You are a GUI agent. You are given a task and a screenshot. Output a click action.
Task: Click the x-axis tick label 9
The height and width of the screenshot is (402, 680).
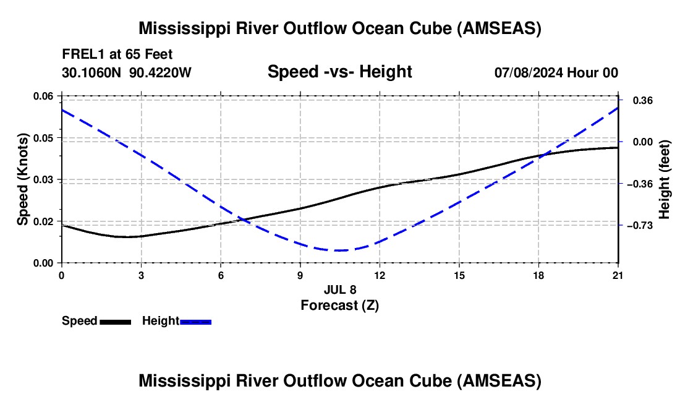click(x=300, y=275)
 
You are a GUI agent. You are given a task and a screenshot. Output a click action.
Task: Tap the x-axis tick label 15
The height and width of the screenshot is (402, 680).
click(x=459, y=275)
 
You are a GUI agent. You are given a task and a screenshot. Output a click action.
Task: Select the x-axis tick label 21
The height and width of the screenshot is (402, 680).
click(x=618, y=275)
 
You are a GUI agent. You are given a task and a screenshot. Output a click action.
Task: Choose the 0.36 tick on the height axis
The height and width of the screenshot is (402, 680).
click(x=640, y=100)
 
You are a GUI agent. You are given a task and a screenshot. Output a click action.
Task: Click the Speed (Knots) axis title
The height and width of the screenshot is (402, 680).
click(x=23, y=179)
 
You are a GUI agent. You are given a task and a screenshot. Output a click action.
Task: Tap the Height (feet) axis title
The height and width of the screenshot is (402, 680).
click(x=665, y=179)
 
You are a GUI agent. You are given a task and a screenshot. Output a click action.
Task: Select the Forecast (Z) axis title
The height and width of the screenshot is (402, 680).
click(x=339, y=305)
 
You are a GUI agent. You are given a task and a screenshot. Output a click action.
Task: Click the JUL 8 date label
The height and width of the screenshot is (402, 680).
click(x=340, y=289)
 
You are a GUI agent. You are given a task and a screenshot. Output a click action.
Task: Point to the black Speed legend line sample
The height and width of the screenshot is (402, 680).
click(x=115, y=322)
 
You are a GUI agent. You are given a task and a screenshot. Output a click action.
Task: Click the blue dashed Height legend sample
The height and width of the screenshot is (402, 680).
click(x=196, y=322)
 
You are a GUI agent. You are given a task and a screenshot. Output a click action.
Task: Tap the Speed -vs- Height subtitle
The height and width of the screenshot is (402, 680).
click(x=339, y=72)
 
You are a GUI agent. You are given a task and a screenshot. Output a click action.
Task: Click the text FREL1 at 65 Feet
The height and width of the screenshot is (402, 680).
click(x=117, y=54)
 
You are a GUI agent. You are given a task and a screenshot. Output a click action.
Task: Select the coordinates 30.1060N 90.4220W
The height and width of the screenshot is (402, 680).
click(x=127, y=73)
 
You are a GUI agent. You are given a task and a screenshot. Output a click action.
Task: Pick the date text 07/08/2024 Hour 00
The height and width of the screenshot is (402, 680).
click(x=556, y=73)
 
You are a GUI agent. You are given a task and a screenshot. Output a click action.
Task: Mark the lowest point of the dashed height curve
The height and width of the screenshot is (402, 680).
click(x=339, y=250)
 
